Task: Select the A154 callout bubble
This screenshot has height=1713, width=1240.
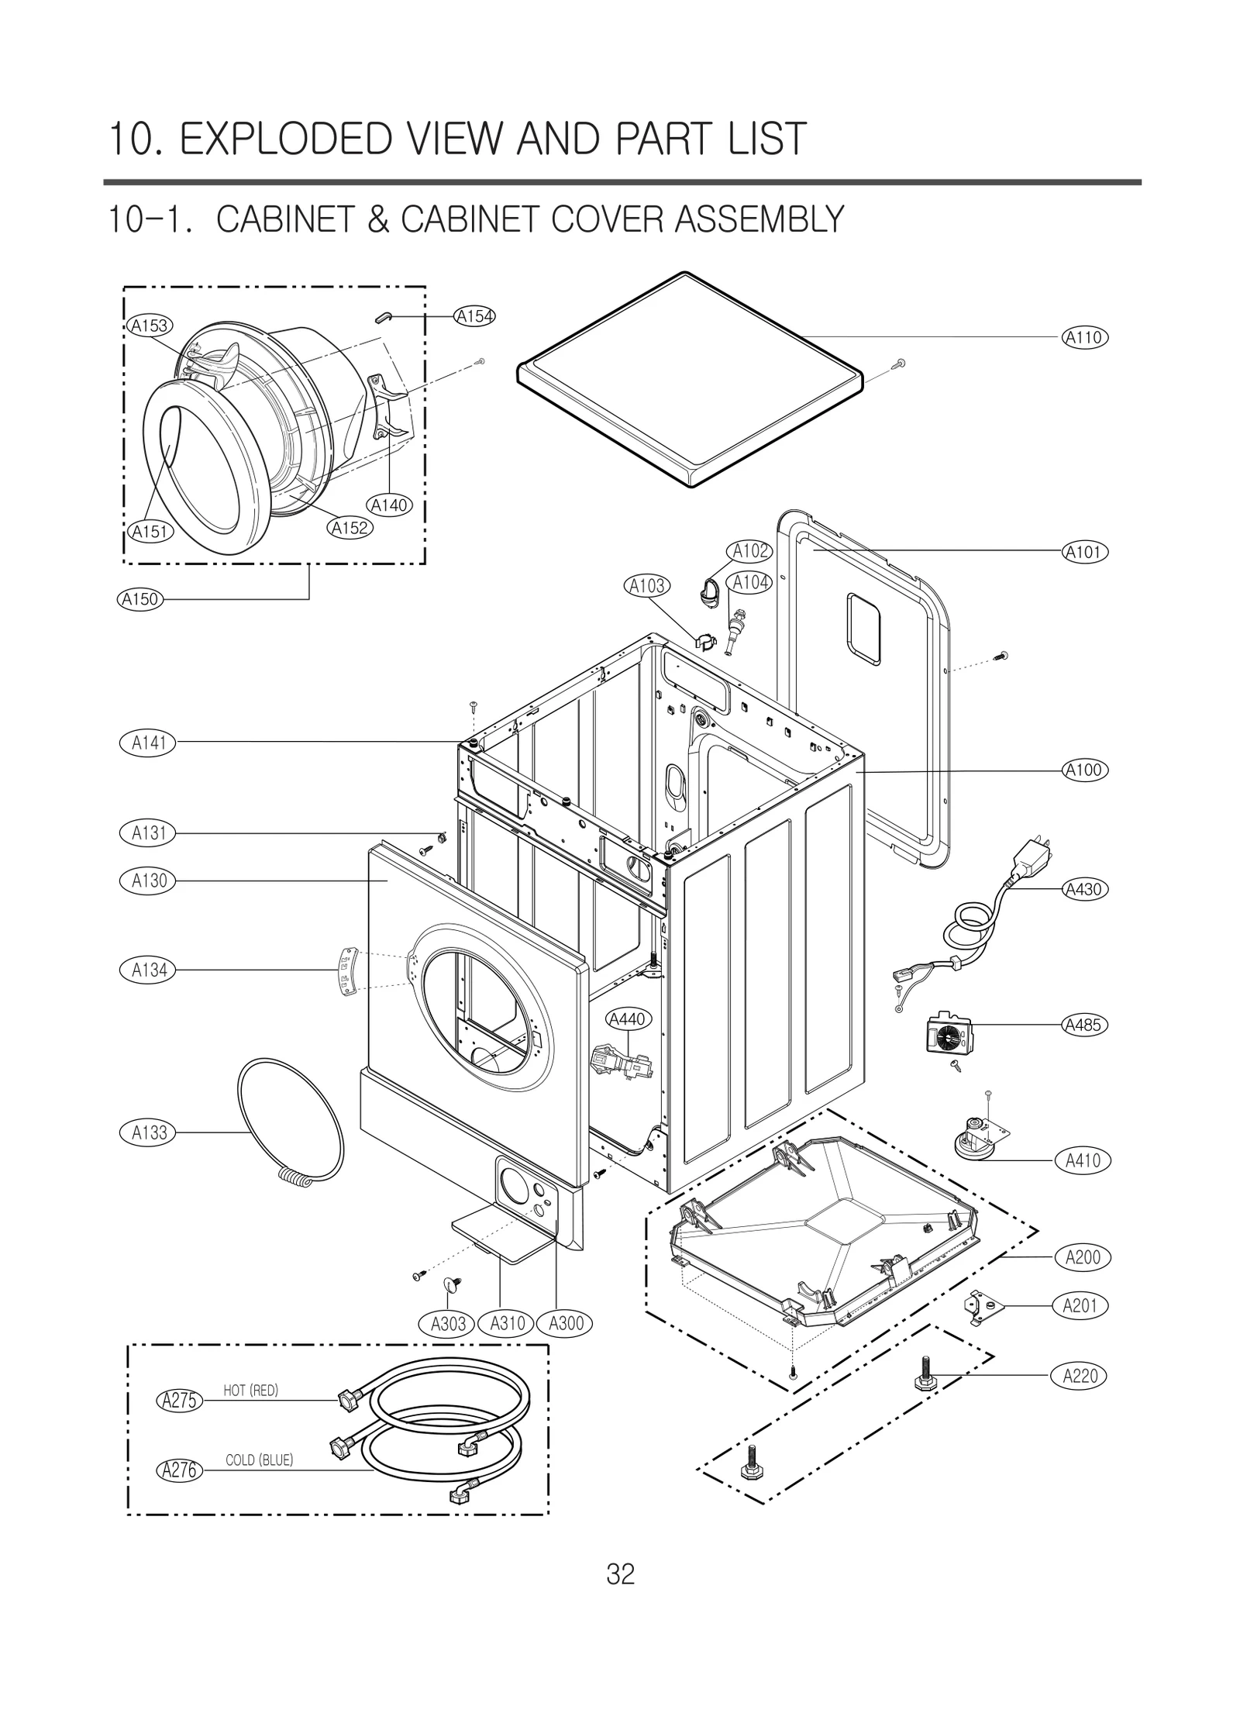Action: (x=474, y=316)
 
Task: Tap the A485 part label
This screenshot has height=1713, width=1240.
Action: (x=1083, y=1025)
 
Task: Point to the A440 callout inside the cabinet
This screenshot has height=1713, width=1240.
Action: (x=627, y=1019)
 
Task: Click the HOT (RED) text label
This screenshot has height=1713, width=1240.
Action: (x=250, y=1391)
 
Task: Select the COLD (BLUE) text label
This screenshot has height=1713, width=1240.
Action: (x=259, y=1460)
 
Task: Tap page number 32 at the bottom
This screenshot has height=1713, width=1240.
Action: (x=620, y=1574)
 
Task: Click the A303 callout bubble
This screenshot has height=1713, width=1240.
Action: (x=448, y=1324)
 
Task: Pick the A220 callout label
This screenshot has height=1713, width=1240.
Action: (x=1080, y=1376)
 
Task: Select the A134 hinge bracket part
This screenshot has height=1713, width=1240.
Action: (x=346, y=972)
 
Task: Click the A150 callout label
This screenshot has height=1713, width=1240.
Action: (x=140, y=598)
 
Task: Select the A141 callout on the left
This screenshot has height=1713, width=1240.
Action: (x=148, y=743)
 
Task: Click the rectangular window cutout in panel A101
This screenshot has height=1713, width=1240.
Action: (x=863, y=631)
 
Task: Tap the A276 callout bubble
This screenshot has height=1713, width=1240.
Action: (x=179, y=1470)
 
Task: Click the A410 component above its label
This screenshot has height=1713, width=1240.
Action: (x=976, y=1139)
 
